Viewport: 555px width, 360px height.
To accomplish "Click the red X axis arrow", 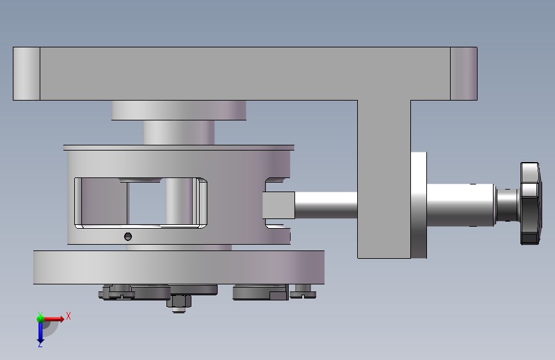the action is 53,319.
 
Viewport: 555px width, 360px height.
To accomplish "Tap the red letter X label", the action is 68,316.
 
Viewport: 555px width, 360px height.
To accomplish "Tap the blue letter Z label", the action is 40,345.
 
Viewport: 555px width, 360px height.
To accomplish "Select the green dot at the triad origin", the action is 40,319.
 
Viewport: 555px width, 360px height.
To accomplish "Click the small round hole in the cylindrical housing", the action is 128,236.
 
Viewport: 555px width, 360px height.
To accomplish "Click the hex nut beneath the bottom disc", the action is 179,301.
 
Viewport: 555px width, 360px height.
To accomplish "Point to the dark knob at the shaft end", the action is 531,204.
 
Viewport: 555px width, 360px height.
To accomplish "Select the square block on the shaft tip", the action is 278,205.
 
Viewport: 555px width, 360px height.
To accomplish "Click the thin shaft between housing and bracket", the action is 326,205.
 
